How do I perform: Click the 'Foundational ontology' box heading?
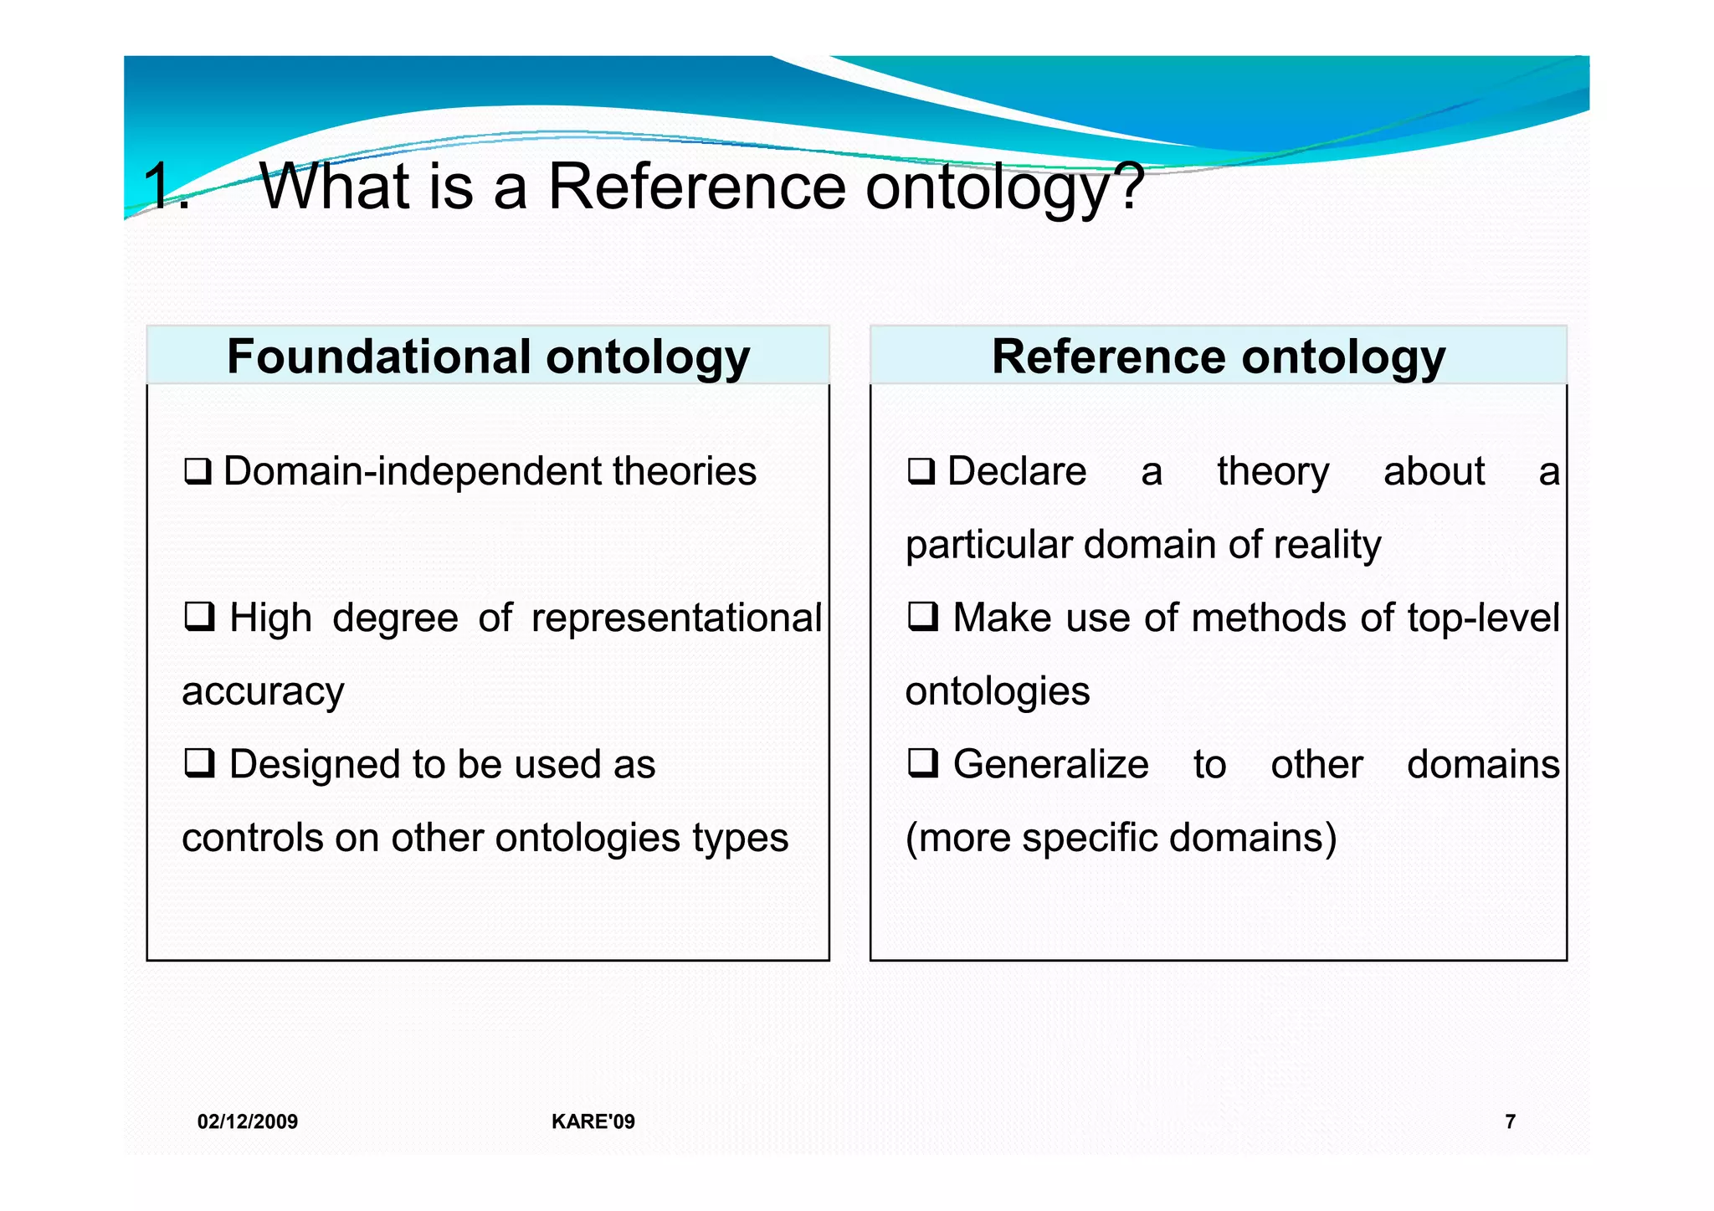pyautogui.click(x=488, y=357)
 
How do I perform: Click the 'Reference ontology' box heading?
pyautogui.click(x=1219, y=357)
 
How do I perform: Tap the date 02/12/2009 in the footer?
pyautogui.click(x=248, y=1121)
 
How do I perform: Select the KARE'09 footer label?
pyautogui.click(x=593, y=1121)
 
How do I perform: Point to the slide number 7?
pyautogui.click(x=1510, y=1121)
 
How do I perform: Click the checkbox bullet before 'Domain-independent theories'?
pyautogui.click(x=198, y=472)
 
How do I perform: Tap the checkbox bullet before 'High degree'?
pyautogui.click(x=199, y=618)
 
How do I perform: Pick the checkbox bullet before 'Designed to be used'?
pyautogui.click(x=199, y=763)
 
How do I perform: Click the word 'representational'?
pyautogui.click(x=676, y=618)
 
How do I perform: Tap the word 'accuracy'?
pyautogui.click(x=263, y=692)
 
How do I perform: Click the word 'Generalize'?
pyautogui.click(x=1050, y=765)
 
